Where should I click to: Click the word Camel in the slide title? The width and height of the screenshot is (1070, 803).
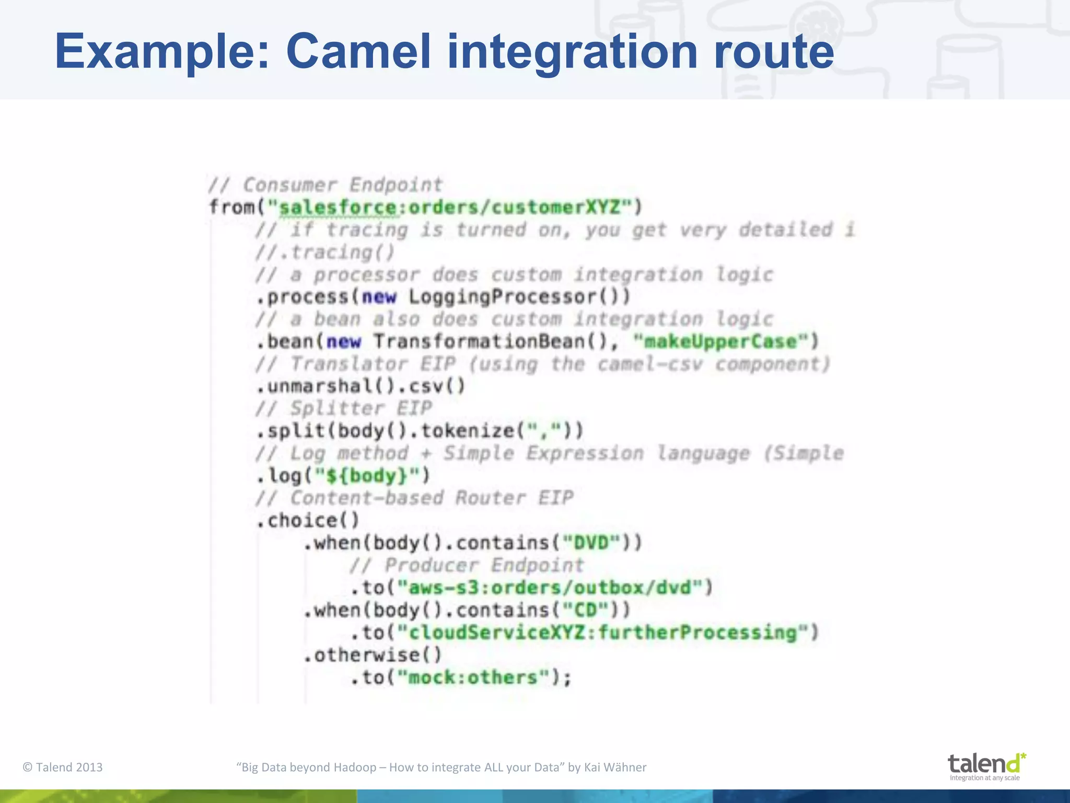[358, 51]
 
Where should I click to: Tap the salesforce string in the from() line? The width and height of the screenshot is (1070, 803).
[338, 208]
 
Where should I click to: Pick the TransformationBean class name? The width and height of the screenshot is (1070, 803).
[479, 342]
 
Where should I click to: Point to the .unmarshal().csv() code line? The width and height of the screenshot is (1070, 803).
[360, 386]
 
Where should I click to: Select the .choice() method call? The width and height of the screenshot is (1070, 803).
[308, 521]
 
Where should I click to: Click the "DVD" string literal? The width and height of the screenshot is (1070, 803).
[592, 543]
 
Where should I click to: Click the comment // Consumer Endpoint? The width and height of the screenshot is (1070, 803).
[325, 185]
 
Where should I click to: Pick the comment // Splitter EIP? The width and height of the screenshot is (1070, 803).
[344, 408]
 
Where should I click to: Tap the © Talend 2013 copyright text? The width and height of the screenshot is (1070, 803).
[63, 767]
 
